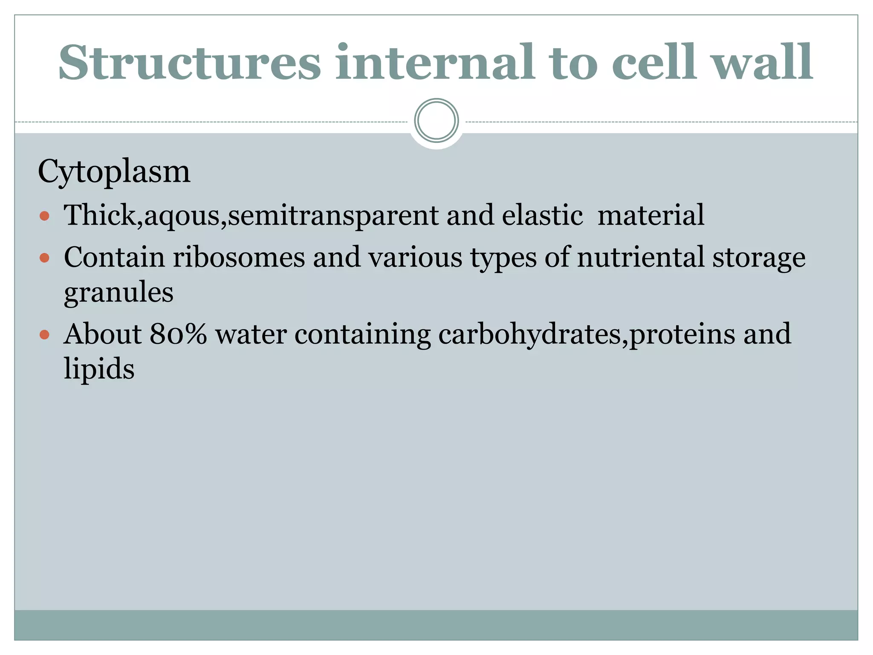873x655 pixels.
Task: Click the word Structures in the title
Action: pos(190,63)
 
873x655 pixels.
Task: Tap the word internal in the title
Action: pos(434,63)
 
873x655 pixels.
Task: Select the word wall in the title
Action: pos(763,63)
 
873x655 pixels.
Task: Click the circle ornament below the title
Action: pos(436,121)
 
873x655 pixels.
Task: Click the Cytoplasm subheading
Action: pos(114,172)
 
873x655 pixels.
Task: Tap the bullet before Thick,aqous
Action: pos(44,216)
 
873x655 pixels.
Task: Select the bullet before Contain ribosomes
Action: pos(44,258)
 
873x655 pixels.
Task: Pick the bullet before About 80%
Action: pos(44,334)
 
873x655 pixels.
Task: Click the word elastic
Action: pos(542,215)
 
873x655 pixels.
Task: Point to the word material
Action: pos(650,215)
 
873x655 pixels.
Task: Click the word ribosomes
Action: pos(239,258)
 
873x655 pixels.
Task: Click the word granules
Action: pos(119,293)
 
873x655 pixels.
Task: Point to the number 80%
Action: pos(178,334)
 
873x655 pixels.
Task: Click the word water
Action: pos(251,334)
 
